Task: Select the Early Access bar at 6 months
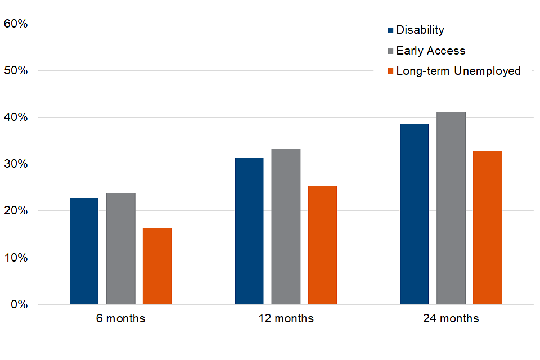pos(120,249)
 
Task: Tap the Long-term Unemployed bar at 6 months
pos(157,266)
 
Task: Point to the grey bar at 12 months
pos(286,226)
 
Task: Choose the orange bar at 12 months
pos(322,245)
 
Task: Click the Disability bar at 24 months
pos(414,214)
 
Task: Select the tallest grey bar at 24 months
pos(451,208)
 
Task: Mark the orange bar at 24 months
pos(488,227)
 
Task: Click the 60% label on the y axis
pos(16,24)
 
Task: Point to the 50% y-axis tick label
pos(16,71)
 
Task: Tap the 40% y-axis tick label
pos(16,118)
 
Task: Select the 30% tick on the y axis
pos(16,164)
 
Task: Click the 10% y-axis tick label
pos(16,258)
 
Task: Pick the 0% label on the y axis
pos(19,305)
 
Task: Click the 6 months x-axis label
pos(120,319)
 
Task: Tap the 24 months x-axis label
pos(451,319)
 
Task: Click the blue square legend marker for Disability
pos(390,30)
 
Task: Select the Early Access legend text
pos(431,51)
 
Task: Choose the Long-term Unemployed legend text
pos(458,71)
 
